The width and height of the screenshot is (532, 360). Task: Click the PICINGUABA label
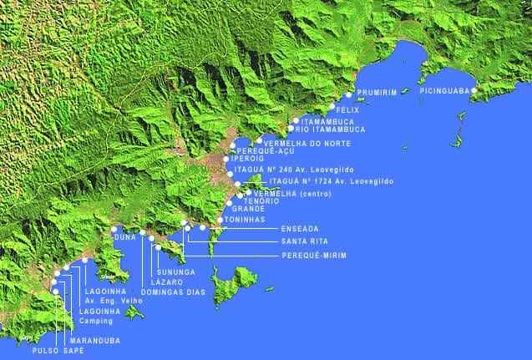tap(444, 90)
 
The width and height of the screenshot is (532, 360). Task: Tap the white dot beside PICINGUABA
tap(474, 90)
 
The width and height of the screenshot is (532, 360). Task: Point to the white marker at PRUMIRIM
tap(348, 96)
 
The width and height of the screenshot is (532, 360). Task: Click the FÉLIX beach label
tap(347, 109)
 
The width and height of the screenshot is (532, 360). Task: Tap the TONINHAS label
tap(245, 220)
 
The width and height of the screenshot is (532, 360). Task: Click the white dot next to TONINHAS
tap(220, 220)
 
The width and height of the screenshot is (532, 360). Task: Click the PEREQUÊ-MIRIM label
tap(314, 255)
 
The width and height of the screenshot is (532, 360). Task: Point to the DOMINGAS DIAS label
tap(171, 292)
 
